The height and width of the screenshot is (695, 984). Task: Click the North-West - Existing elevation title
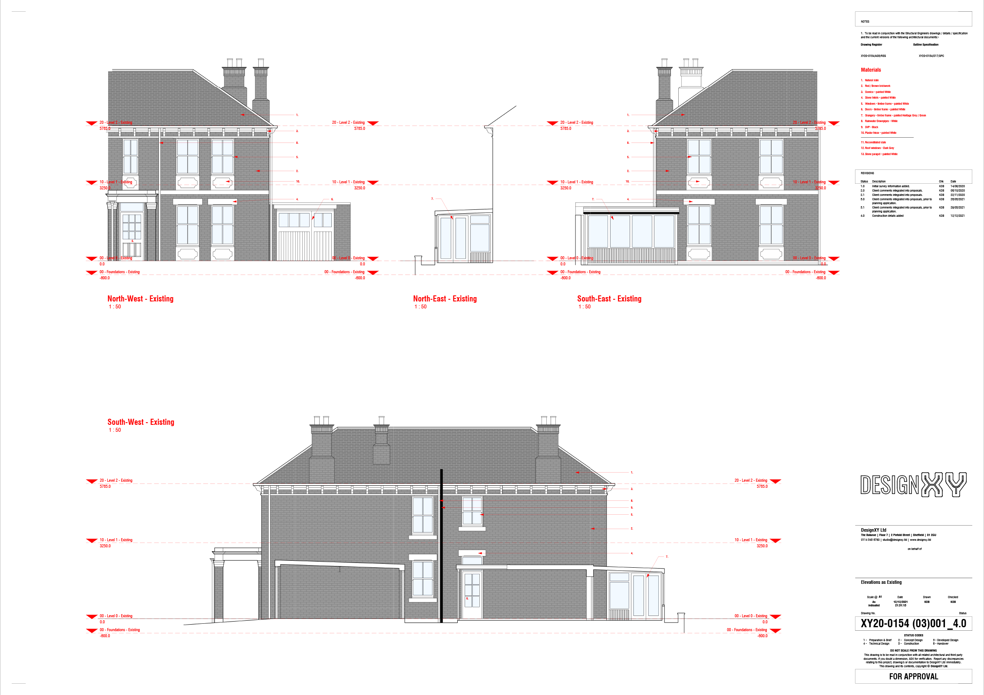click(140, 299)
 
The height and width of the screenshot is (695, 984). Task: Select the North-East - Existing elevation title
click(445, 299)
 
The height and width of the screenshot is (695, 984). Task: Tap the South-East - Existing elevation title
click(609, 299)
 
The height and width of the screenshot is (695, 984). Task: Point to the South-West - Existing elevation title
click(141, 422)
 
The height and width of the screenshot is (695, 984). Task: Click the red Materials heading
click(871, 70)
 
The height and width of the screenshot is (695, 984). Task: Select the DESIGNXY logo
click(913, 485)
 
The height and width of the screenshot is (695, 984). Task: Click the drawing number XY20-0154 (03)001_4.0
click(913, 624)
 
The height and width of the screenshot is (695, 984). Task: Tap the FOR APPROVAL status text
click(913, 676)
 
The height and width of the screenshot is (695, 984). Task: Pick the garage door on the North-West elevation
click(304, 245)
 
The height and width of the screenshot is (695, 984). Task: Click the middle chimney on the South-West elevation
click(381, 443)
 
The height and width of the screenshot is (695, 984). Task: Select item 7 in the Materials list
click(895, 116)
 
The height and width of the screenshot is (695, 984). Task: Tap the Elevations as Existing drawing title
click(881, 582)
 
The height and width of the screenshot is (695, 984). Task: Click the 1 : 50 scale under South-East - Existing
click(584, 307)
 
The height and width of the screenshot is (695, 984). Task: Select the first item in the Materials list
click(871, 80)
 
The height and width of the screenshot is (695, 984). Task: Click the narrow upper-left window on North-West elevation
click(130, 156)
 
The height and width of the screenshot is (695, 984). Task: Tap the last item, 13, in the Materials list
click(880, 154)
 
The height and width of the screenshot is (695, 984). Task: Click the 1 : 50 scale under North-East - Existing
click(420, 307)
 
